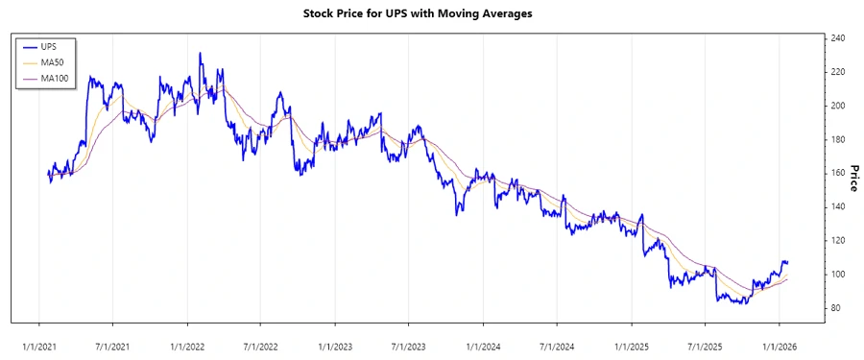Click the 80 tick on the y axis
(x=837, y=307)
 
